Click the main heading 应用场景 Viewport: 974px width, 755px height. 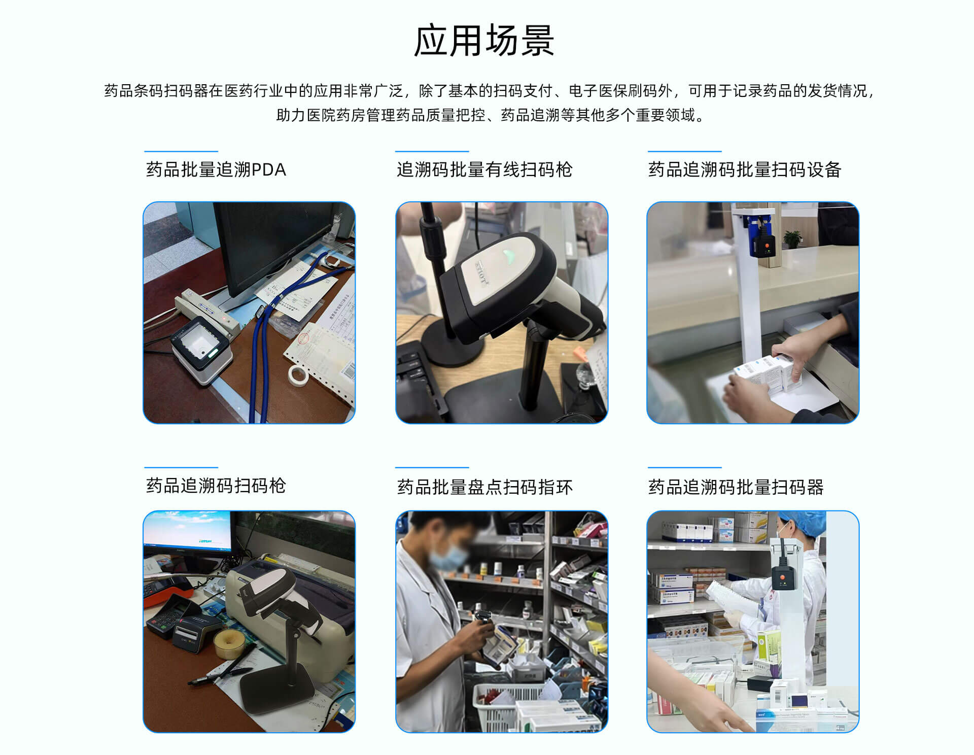click(484, 41)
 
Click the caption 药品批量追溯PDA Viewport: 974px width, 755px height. click(216, 169)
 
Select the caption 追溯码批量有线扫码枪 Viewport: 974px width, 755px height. click(484, 169)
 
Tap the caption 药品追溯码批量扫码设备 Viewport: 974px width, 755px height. click(745, 169)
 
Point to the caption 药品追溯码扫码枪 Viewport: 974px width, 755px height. click(216, 486)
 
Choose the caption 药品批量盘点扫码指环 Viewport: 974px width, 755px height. click(484, 487)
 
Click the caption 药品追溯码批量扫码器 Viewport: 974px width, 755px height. click(736, 487)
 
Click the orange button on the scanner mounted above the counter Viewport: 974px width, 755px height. click(768, 248)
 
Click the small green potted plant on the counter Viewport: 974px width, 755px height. click(792, 238)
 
